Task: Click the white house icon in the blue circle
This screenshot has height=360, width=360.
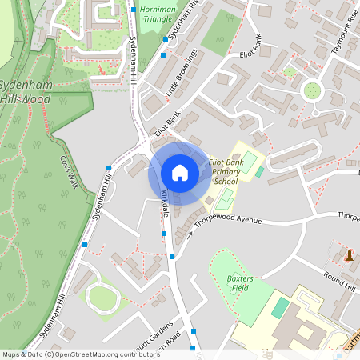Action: click(x=179, y=173)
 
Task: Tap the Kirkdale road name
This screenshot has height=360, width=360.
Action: click(x=164, y=203)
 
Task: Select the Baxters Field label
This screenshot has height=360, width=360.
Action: click(x=239, y=282)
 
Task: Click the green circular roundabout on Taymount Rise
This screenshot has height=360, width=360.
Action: click(x=312, y=89)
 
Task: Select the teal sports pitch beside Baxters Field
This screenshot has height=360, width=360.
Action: click(x=280, y=307)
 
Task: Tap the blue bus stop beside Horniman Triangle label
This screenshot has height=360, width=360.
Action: click(x=133, y=11)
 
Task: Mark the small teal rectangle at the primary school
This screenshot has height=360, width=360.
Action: click(x=258, y=171)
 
